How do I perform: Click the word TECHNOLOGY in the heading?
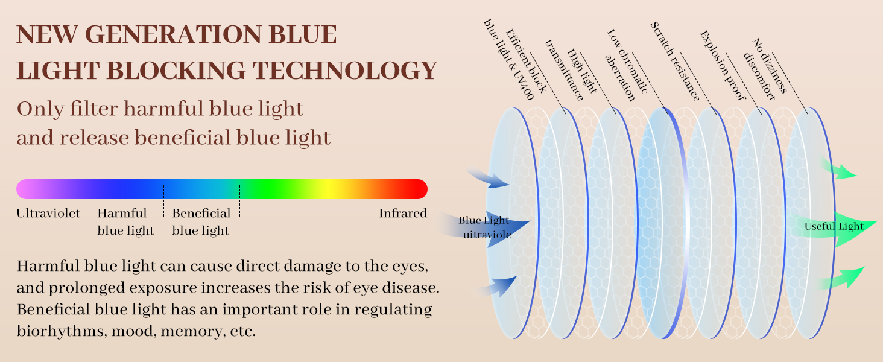[x=344, y=71]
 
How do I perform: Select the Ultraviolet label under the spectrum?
[x=48, y=213]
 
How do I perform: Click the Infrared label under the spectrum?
[x=403, y=213]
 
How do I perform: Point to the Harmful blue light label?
[x=125, y=221]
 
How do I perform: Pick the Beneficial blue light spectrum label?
[x=201, y=221]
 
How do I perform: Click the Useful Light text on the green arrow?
[x=834, y=227]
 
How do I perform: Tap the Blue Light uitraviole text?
[x=484, y=227]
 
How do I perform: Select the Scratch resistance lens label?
[x=675, y=61]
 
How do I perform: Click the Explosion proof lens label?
[x=723, y=66]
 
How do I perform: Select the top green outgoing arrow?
[x=839, y=168]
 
